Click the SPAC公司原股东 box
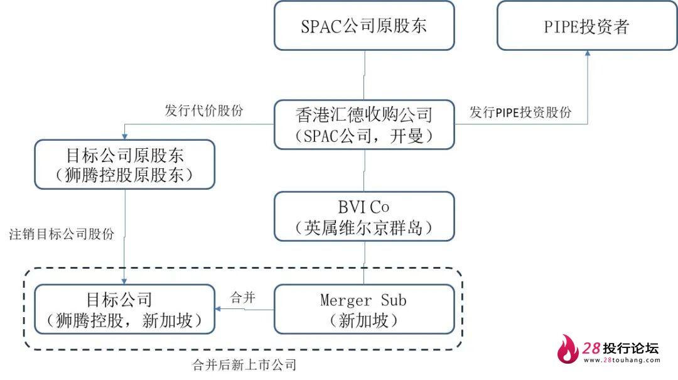(x=364, y=26)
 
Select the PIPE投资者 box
(x=587, y=26)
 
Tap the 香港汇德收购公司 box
(x=364, y=124)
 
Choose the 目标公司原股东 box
(x=125, y=165)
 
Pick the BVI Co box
(x=364, y=217)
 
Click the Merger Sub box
(x=364, y=309)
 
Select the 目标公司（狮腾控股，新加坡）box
(x=125, y=309)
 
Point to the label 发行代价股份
(x=204, y=111)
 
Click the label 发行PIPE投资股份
(x=520, y=112)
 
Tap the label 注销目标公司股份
(x=62, y=234)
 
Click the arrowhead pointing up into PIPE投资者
(x=588, y=55)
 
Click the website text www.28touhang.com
(x=621, y=361)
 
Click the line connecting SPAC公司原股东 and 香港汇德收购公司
(x=364, y=75)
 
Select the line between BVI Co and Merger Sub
(x=364, y=263)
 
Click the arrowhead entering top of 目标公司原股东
(x=125, y=136)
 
